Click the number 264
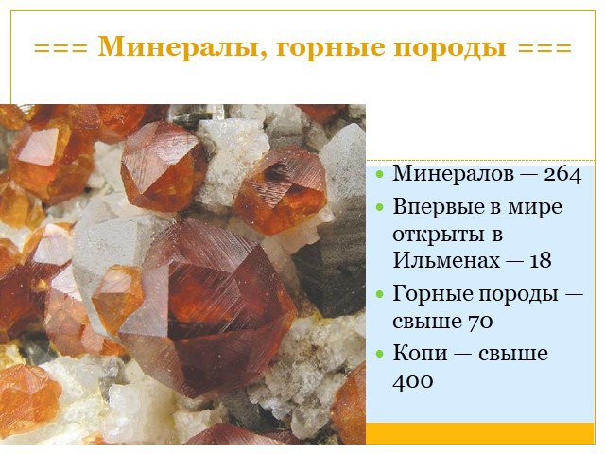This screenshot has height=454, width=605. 562,175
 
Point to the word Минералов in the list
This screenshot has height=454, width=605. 454,174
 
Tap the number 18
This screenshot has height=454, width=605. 540,261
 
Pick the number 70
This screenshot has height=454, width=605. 480,322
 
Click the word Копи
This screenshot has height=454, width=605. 420,354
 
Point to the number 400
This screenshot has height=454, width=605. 412,381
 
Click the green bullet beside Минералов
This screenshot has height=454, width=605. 380,174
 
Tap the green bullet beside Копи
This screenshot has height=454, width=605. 380,353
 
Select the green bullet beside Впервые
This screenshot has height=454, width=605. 380,207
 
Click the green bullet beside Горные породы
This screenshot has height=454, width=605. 380,294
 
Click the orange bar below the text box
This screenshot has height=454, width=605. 479,433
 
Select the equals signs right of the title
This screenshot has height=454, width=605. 544,48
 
